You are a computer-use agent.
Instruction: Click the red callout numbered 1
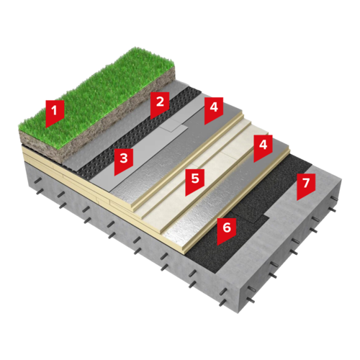[x=55, y=112]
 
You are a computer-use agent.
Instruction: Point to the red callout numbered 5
[x=195, y=181]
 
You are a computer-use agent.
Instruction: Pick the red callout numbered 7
[x=306, y=185]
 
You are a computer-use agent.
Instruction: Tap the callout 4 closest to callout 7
[x=263, y=146]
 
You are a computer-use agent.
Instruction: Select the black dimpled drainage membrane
[x=135, y=135]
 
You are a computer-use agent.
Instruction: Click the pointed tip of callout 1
[x=46, y=127]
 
